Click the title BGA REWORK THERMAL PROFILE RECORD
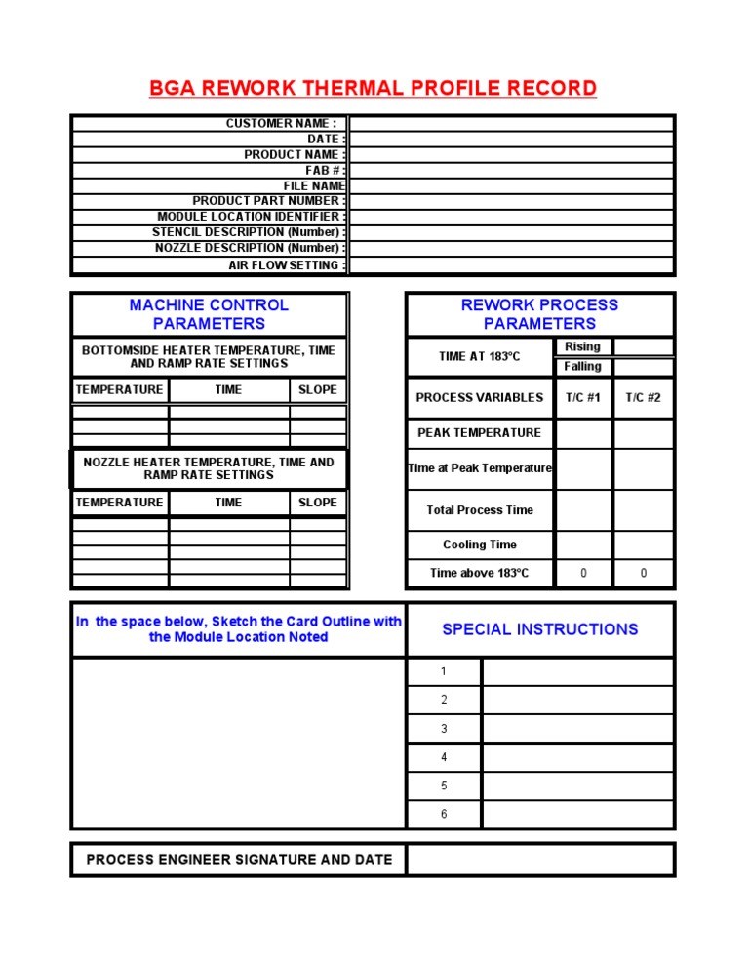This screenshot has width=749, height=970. (373, 89)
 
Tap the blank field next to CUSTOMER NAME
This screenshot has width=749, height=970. (511, 124)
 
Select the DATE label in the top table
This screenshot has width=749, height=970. (326, 140)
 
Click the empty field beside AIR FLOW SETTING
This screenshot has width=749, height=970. (511, 265)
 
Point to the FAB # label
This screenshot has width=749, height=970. (325, 170)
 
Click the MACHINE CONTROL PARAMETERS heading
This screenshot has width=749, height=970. (209, 314)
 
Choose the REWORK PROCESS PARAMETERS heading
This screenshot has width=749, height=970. (539, 314)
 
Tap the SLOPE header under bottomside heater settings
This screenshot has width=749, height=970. (318, 390)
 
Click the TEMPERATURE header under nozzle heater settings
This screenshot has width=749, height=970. (119, 503)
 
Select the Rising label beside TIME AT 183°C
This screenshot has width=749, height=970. (582, 347)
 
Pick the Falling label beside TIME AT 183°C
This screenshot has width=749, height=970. (582, 367)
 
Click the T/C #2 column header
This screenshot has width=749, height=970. (643, 398)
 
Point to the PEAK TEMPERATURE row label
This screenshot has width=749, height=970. (479, 433)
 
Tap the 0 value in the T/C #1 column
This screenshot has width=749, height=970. (583, 574)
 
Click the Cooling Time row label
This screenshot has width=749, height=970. (479, 545)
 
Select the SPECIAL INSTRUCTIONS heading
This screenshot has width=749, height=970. (539, 629)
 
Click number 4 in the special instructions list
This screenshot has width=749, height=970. (444, 757)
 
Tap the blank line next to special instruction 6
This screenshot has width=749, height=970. (577, 814)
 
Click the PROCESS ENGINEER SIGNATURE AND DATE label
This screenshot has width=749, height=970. (239, 860)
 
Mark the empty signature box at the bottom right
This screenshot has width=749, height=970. (539, 860)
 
